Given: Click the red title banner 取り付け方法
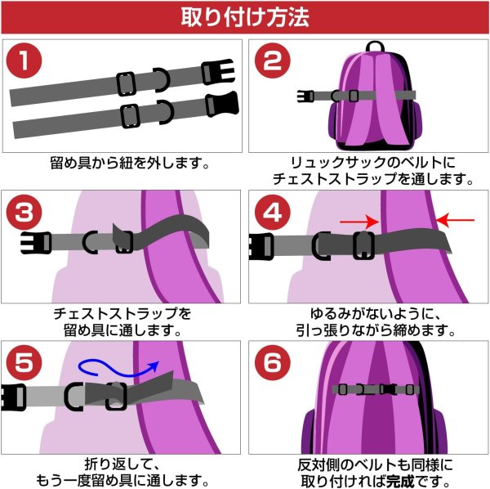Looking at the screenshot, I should (x=245, y=16).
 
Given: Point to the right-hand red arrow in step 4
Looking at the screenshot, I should (x=456, y=219).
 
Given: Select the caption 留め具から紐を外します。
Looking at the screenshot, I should (x=122, y=161).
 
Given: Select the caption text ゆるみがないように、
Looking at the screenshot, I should (x=367, y=313).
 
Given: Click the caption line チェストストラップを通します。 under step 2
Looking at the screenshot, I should (x=367, y=177).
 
